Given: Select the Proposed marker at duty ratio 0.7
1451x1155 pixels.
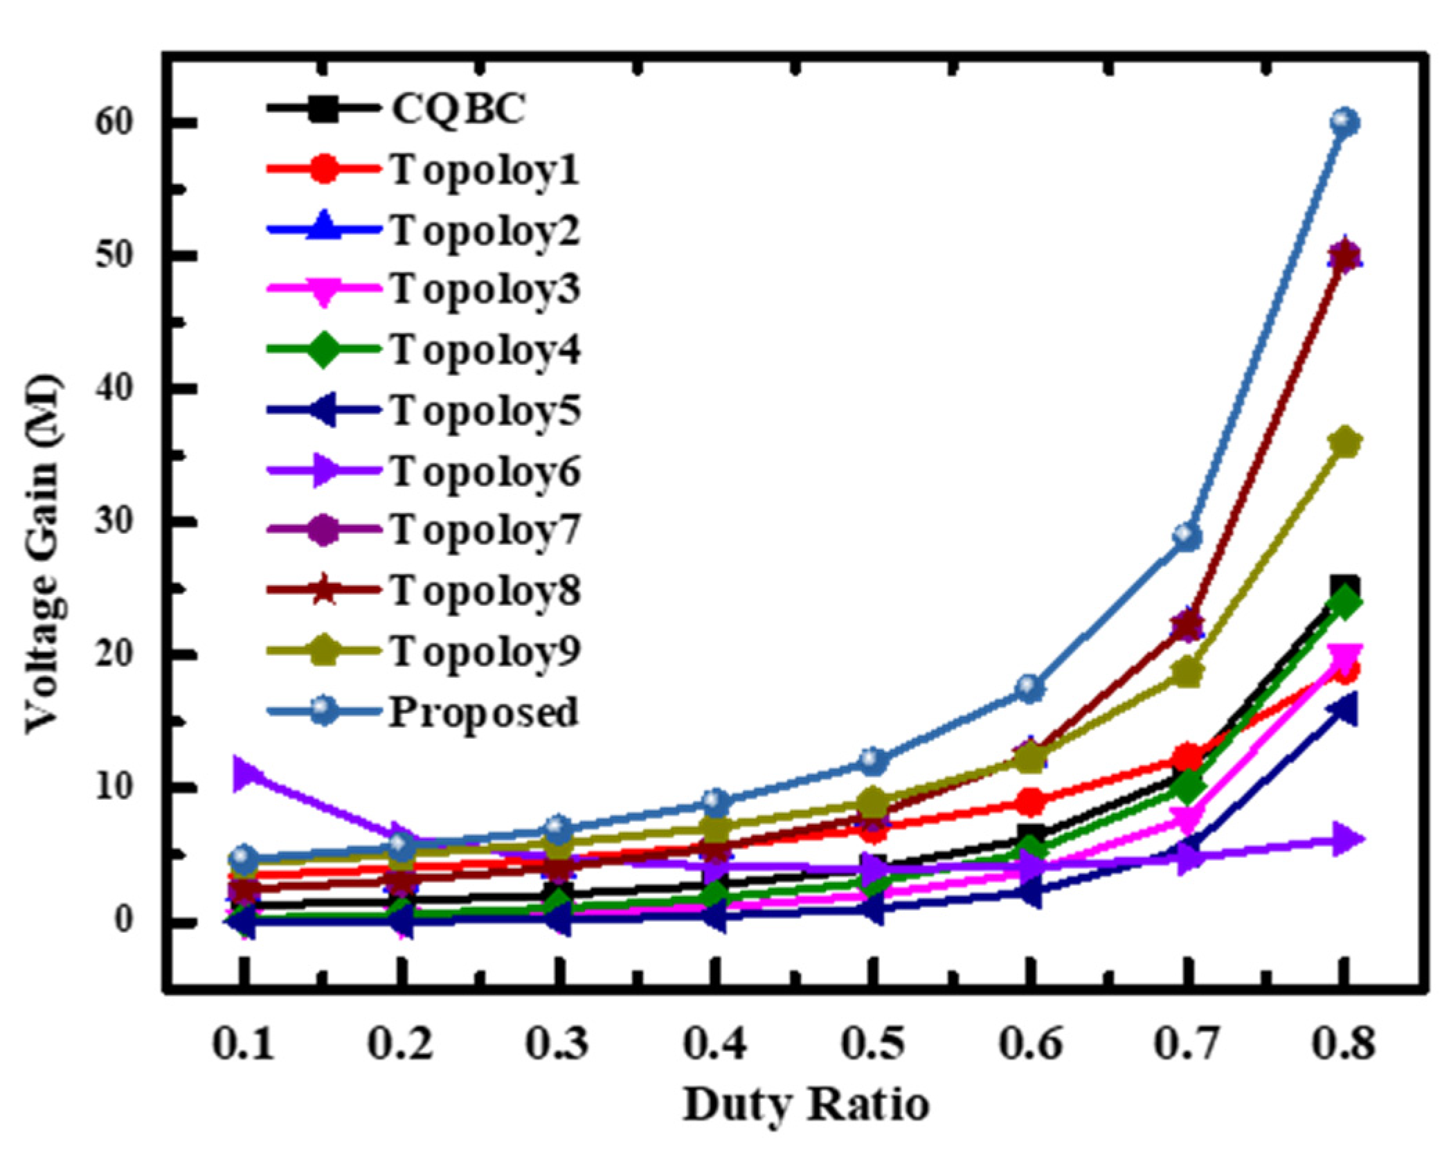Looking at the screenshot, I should (1187, 535).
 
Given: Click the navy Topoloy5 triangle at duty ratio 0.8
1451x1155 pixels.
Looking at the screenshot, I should (1342, 710).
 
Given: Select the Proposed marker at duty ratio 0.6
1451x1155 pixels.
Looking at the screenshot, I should (1030, 688).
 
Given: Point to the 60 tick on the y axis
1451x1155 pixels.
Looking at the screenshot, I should (114, 123).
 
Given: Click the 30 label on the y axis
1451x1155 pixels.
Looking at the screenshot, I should (114, 521).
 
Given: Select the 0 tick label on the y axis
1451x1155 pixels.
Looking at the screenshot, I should (123, 920).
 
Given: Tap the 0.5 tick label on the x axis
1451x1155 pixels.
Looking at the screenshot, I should (872, 1043).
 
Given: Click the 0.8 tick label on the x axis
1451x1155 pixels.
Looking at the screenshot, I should (1343, 1043).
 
